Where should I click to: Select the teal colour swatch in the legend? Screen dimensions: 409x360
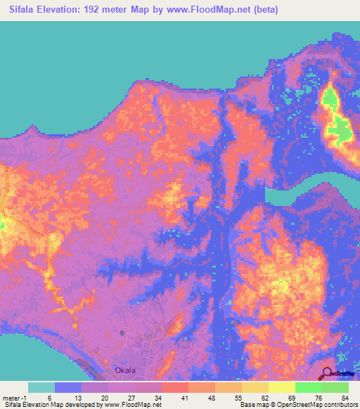41,387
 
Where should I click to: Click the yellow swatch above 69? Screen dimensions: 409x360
282,387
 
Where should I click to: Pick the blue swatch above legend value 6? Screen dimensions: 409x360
68,387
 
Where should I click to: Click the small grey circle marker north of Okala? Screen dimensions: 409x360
122,332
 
